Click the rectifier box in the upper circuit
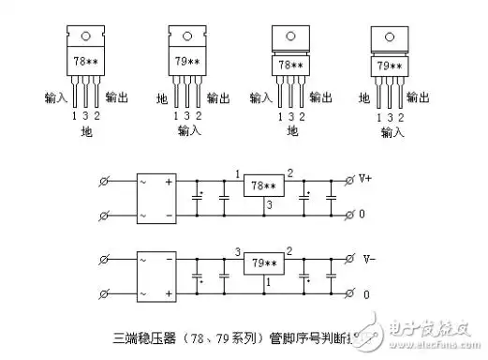point(156,197)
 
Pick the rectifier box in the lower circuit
point(156,275)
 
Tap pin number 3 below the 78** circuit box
point(268,204)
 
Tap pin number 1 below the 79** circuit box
point(268,282)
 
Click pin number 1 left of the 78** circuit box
point(238,173)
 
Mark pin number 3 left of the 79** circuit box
point(238,252)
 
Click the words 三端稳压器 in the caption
point(140,335)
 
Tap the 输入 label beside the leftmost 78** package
point(56,97)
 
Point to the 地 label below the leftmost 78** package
point(86,134)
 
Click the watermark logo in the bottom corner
point(426,329)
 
